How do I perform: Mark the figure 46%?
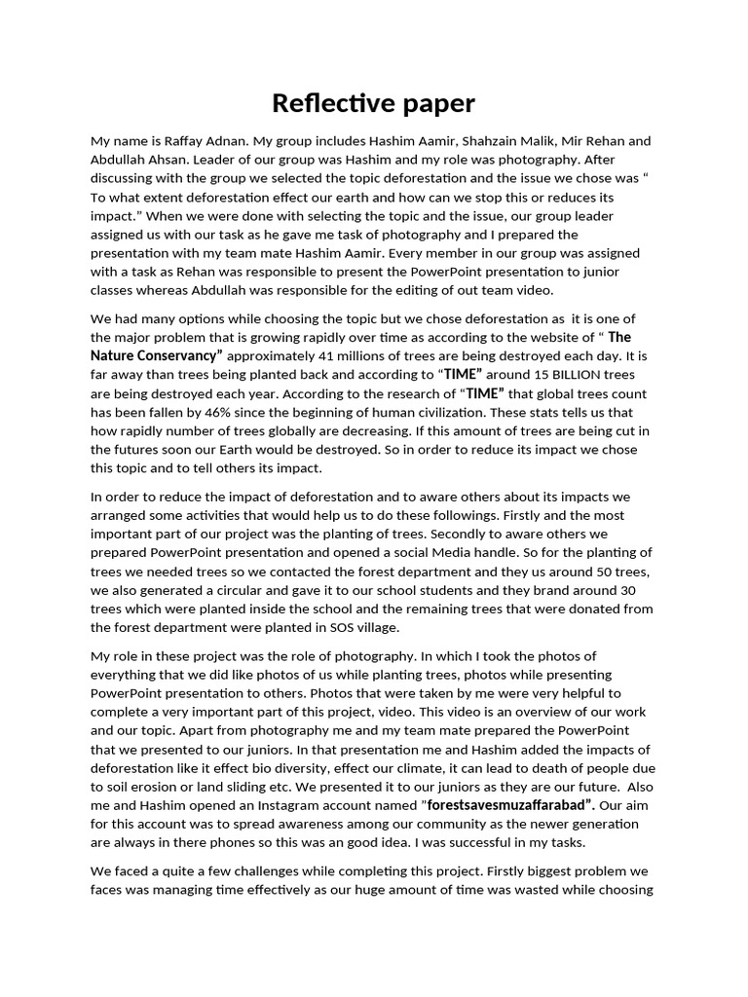click(247, 413)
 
